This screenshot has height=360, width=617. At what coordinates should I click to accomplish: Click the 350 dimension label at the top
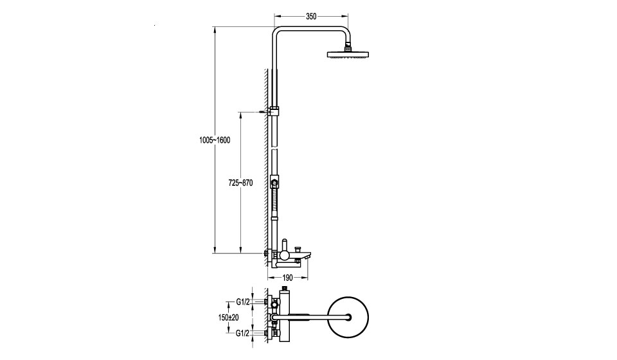point(311,17)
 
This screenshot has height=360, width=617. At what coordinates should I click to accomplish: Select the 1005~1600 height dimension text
point(215,140)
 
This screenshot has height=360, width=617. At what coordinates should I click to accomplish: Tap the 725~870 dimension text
point(240,183)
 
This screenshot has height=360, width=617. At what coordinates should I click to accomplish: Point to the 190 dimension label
point(288,278)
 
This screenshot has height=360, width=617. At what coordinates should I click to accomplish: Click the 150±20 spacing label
point(229,317)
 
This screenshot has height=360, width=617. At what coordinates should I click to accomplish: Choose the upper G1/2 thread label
point(243,302)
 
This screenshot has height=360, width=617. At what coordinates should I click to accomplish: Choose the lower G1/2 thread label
point(243,333)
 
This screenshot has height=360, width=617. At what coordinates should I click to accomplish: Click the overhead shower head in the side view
point(348,54)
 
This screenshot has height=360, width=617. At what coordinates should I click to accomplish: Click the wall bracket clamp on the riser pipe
point(274,111)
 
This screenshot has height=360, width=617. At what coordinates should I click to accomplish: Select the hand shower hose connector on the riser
point(274,181)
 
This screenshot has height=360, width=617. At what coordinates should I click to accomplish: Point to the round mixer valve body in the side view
point(285,256)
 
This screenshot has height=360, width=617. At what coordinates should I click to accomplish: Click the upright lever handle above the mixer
point(285,244)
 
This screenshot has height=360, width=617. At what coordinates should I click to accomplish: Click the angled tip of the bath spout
point(310,256)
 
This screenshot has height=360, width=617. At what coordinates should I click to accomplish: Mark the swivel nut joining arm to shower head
point(348,48)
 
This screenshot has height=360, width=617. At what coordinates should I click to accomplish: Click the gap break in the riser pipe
point(274,149)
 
